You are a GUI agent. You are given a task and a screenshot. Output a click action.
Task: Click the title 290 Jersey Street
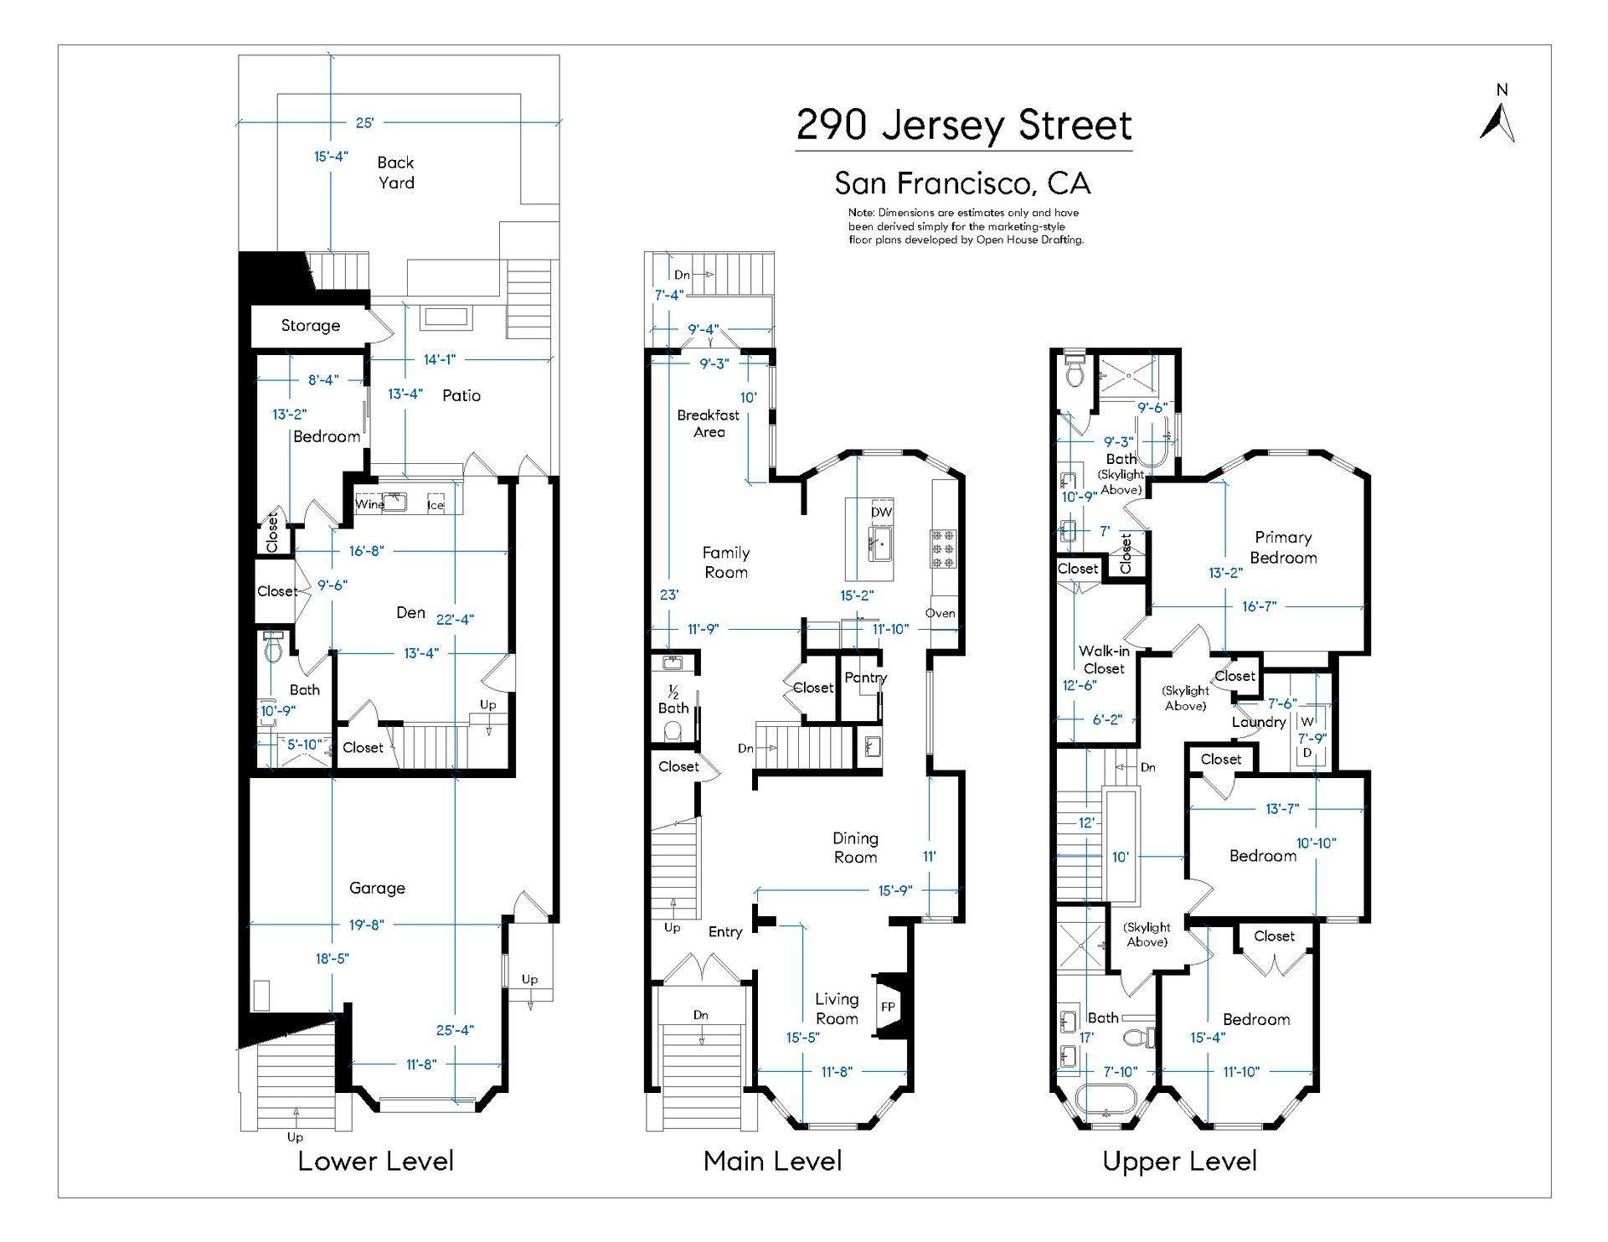coord(964,125)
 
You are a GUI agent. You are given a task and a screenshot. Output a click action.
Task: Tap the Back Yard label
coord(395,173)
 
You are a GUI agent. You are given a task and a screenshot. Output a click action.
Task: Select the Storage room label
coord(311,326)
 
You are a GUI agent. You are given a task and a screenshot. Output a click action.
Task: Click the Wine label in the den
coord(369,503)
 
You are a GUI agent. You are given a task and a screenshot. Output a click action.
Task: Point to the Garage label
coord(377,888)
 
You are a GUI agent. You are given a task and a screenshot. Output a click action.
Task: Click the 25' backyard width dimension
coord(364,122)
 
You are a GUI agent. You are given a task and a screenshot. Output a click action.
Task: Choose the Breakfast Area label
coord(709,423)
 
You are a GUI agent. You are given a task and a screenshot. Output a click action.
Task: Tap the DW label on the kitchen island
coord(881,512)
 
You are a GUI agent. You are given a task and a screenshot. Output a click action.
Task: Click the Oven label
coord(941,613)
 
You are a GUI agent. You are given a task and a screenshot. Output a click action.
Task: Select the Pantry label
coord(865,678)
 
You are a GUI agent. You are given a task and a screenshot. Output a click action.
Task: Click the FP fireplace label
coord(888,1007)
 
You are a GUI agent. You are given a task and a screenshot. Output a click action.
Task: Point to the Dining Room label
coord(855,848)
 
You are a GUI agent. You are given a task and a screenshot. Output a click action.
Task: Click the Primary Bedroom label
coord(1283,548)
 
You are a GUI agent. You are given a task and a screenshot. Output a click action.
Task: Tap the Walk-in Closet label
coord(1104,660)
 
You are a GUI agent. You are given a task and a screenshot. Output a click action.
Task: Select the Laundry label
coord(1259,722)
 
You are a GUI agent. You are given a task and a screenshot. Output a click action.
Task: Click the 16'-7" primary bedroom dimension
coord(1259,606)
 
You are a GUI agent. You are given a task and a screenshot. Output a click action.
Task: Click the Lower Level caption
coord(376,1161)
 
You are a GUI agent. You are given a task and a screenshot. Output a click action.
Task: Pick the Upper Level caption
coord(1180,1162)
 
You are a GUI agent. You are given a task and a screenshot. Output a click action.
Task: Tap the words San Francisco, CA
coord(963,183)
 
